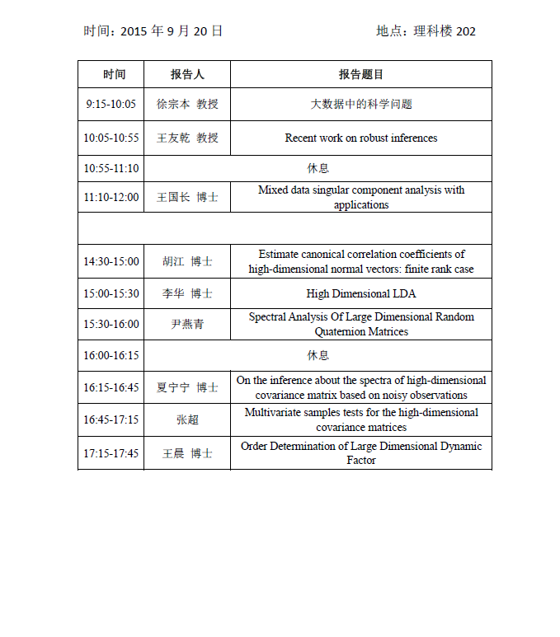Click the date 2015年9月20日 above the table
172,31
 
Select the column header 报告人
187,74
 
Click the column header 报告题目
361,74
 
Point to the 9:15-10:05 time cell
111,105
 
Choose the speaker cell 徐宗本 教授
187,105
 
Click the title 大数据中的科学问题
361,105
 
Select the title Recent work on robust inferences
361,138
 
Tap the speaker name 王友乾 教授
187,138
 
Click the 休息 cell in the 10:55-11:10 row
318,168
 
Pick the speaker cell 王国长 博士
187,197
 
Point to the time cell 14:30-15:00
111,261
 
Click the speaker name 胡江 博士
187,261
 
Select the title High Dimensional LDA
361,293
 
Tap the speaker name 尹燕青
187,324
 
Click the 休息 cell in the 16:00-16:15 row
318,355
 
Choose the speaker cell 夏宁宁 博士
187,387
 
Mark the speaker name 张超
187,419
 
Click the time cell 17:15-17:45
111,453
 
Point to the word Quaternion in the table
340,332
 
